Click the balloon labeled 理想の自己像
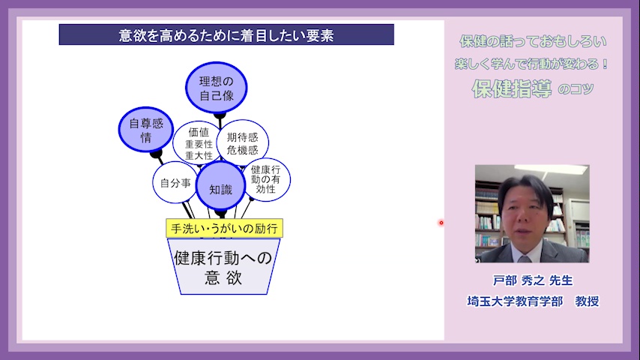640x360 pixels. click(217, 88)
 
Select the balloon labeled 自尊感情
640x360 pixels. click(146, 130)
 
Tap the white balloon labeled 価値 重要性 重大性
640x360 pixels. click(197, 142)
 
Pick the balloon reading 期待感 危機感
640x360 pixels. click(243, 143)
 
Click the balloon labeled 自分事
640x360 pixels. click(175, 183)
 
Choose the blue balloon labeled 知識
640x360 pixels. click(220, 185)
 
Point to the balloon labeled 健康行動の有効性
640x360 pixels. click(266, 180)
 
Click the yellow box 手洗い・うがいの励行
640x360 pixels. click(225, 228)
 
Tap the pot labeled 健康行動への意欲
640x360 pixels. click(224, 266)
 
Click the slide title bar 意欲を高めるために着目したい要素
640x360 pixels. click(226, 34)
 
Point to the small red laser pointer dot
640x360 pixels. click(441, 223)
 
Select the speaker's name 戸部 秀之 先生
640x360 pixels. click(533, 280)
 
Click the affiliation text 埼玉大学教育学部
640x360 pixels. click(515, 301)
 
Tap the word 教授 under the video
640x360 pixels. click(587, 301)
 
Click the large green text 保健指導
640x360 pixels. click(512, 88)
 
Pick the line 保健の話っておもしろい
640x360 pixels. click(533, 41)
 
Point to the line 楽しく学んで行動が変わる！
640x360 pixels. click(532, 64)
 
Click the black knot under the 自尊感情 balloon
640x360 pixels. click(156, 154)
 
